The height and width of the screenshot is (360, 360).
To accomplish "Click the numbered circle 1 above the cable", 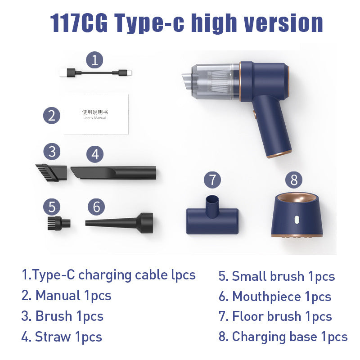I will [x=94, y=59].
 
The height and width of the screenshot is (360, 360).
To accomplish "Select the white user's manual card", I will [x=96, y=114].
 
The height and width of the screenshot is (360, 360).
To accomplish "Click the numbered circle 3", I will [x=52, y=151].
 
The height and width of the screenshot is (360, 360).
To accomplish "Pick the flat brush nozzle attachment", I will [x=51, y=172].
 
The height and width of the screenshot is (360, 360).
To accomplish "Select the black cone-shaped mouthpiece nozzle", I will [x=119, y=221].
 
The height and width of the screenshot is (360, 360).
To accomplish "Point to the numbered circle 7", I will [x=212, y=180].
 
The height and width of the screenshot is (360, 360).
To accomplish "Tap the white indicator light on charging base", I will [x=297, y=220].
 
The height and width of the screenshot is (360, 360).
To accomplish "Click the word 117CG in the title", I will [x=79, y=23].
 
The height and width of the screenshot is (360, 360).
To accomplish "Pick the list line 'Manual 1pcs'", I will [x=66, y=296].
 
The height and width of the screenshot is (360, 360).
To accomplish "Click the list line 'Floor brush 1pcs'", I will [x=275, y=316].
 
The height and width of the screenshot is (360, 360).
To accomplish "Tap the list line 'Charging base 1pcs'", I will [x=283, y=337].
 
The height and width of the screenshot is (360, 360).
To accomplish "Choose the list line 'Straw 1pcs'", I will [x=62, y=337].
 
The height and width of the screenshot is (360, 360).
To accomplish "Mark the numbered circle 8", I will [x=294, y=180].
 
